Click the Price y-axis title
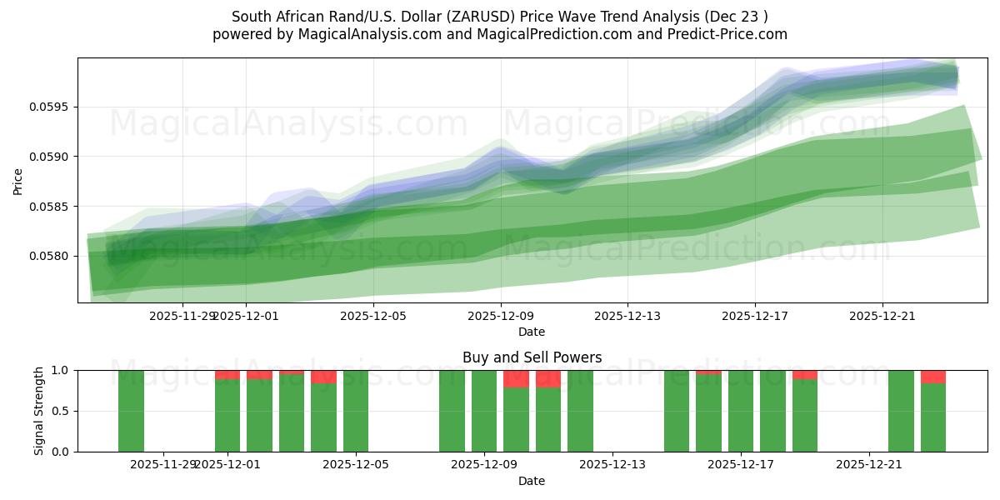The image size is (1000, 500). (x=18, y=180)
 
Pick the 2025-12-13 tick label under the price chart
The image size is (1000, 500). (x=627, y=316)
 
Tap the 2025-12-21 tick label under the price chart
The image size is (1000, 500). (x=882, y=316)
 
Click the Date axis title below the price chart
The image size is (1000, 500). (x=532, y=332)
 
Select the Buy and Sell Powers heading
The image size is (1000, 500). (x=532, y=357)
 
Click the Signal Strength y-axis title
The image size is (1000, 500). (x=39, y=411)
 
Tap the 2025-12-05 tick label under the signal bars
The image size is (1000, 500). (x=356, y=464)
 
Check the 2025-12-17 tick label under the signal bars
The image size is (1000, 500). (x=741, y=464)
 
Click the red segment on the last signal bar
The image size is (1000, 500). (x=933, y=377)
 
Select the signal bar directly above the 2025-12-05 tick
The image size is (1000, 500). (x=356, y=411)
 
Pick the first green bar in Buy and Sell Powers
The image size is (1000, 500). (x=131, y=411)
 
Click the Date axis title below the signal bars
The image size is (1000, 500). (x=532, y=481)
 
